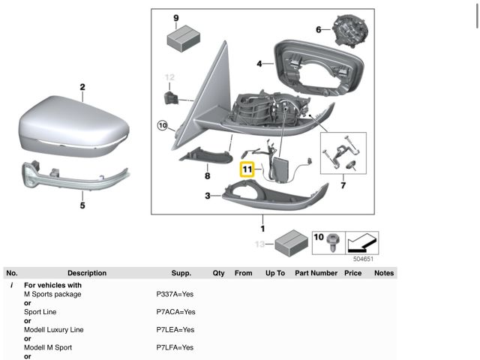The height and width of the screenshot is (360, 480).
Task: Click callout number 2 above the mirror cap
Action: (82, 88)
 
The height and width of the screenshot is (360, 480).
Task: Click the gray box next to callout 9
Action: (180, 37)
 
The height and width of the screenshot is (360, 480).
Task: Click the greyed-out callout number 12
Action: (169, 76)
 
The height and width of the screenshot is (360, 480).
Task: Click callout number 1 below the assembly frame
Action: (262, 228)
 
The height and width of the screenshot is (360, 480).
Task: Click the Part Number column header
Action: (316, 273)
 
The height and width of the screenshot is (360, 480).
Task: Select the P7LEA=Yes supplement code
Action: (175, 330)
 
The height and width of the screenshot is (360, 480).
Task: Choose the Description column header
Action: (87, 273)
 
